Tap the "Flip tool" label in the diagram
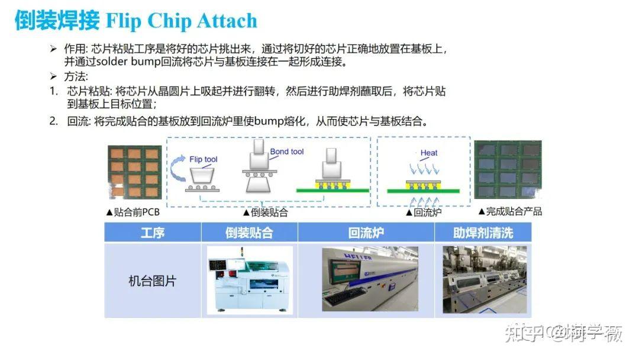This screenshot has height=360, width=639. pos(204,159)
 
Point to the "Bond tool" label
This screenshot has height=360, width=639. pos(287,152)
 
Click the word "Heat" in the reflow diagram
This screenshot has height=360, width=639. pos(429,153)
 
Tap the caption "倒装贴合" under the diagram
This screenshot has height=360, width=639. pos(267,212)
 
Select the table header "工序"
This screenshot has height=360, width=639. pos(153,233)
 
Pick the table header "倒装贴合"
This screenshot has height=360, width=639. pos(249,233)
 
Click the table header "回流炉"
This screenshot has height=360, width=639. pos(366,233)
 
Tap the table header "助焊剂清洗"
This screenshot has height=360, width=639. pos(483,233)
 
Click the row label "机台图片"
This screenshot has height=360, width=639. pos(153,281)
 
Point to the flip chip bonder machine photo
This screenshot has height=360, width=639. pos(250,279)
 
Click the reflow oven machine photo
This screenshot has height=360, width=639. pos(370,279)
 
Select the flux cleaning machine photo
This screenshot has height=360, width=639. pos(485,279)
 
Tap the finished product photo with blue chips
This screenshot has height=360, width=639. pos(508,171)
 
